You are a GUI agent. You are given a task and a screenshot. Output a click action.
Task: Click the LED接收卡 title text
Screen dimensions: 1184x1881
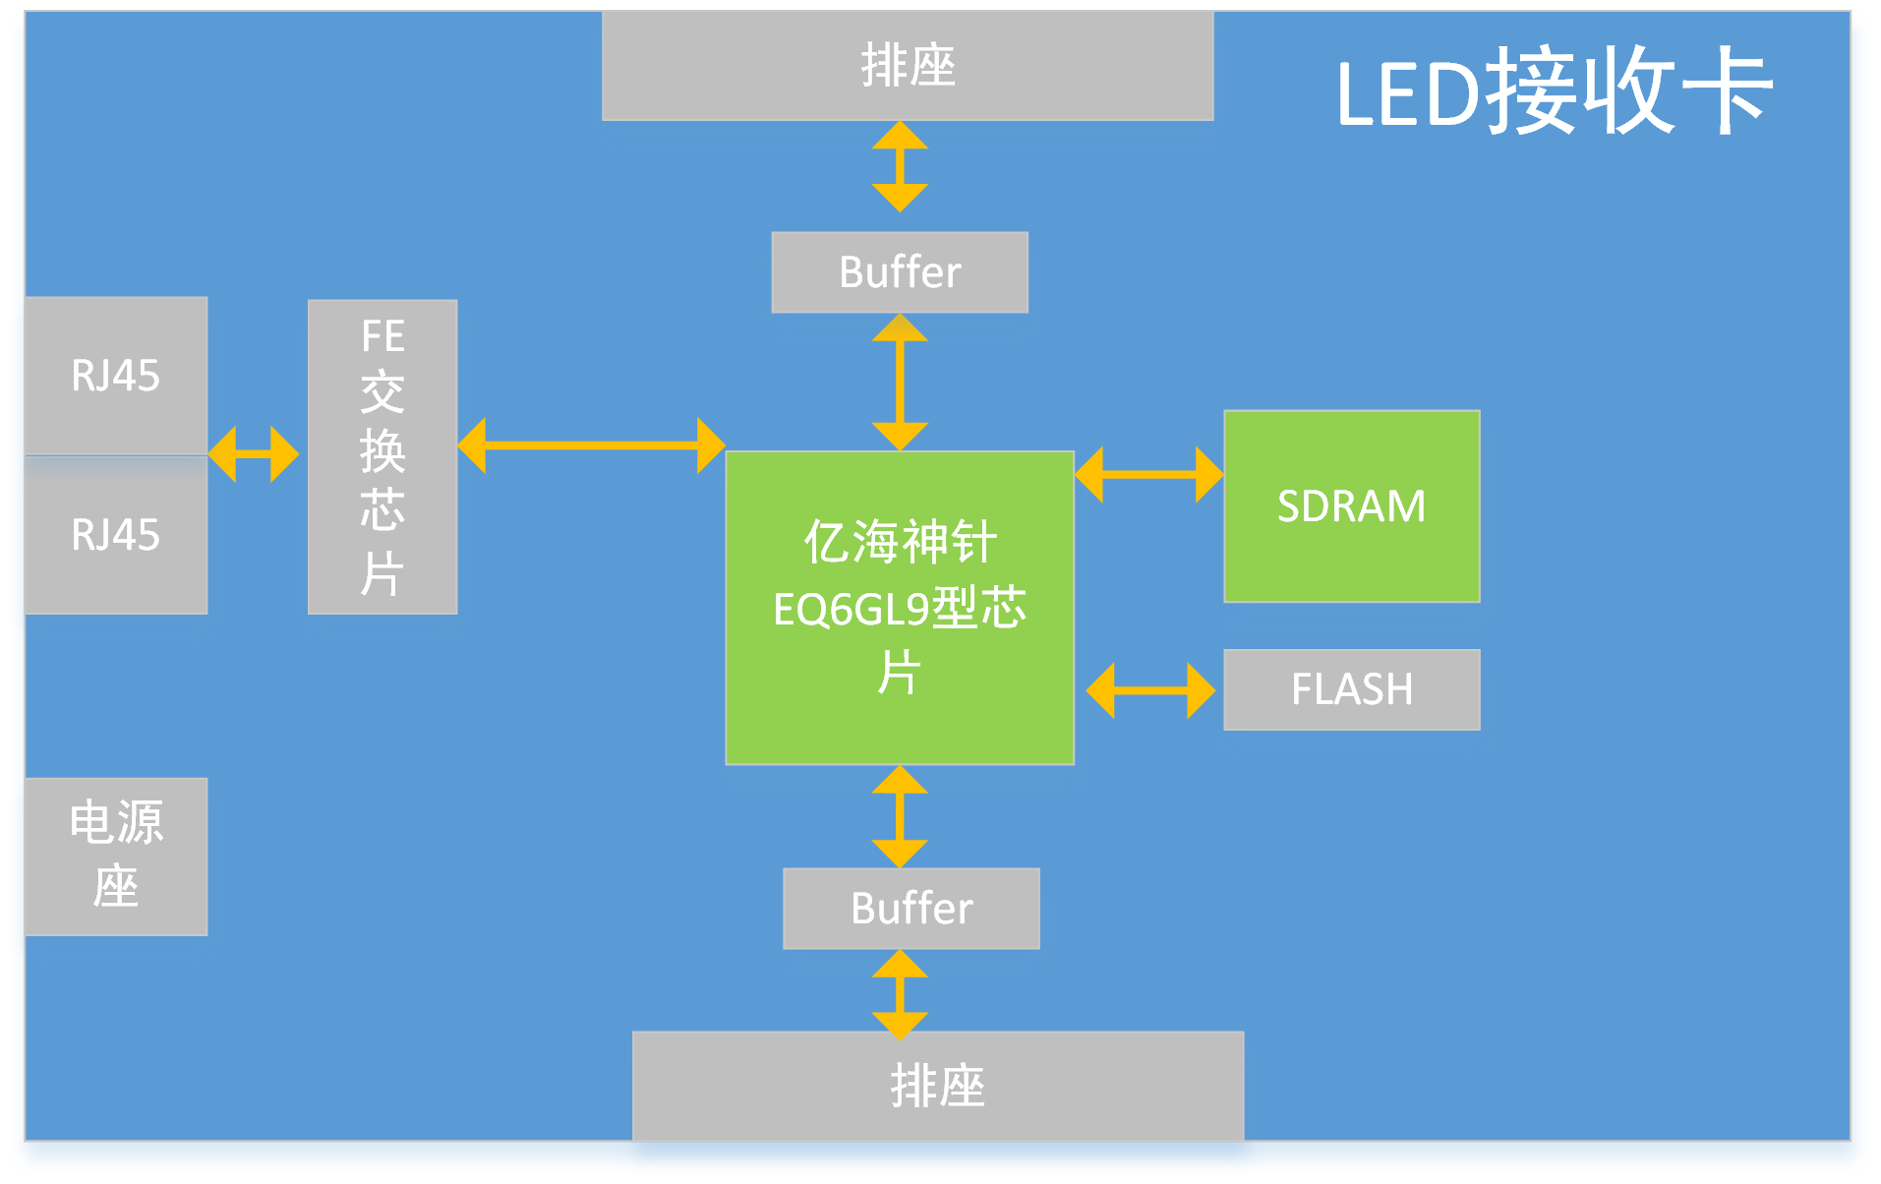click(1554, 91)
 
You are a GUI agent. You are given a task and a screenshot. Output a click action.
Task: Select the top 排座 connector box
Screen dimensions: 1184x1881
click(907, 66)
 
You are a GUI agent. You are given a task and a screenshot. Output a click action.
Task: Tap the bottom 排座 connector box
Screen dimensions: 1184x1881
click(937, 1086)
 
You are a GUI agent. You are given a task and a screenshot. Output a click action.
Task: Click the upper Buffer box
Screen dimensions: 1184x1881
click(899, 272)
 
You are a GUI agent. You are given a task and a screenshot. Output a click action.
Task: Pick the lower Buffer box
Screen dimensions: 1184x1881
click(911, 908)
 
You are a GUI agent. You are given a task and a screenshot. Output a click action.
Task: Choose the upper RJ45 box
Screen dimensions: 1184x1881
click(115, 375)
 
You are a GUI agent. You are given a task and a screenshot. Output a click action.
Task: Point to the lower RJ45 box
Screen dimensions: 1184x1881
click(115, 535)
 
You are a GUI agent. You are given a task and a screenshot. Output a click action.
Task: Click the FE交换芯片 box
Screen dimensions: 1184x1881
click(382, 456)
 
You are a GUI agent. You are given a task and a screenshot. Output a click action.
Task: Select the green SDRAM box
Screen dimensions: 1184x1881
click(1351, 505)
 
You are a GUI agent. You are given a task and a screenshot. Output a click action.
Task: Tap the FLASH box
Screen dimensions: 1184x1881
click(1351, 688)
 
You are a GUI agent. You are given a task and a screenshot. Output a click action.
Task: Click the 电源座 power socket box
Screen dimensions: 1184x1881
click(115, 856)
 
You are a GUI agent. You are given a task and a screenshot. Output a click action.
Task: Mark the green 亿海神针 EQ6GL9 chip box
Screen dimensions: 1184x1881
click(899, 607)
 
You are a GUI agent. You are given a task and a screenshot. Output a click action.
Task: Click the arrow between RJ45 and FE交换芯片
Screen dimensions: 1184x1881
click(253, 454)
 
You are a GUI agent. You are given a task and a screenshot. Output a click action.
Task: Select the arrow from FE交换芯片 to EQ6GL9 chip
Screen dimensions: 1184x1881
click(591, 445)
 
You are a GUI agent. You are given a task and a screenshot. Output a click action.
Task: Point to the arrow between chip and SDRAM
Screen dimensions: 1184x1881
click(1148, 475)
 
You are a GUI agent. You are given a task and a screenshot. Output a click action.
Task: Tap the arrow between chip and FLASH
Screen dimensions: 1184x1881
click(1149, 690)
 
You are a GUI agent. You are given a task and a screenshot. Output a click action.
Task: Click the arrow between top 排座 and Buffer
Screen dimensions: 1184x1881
click(900, 166)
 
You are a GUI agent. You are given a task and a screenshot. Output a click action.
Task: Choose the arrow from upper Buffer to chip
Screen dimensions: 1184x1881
click(900, 382)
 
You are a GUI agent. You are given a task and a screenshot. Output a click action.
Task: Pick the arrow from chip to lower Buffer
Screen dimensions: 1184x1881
click(900, 816)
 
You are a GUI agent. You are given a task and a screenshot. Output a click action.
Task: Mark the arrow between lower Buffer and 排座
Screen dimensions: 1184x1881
click(900, 994)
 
